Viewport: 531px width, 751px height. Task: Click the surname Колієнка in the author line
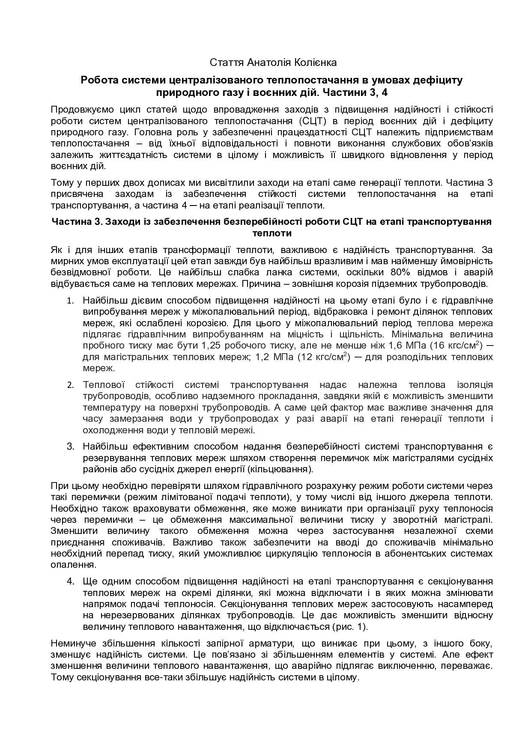coord(316,63)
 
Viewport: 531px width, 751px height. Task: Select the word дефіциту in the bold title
coord(444,80)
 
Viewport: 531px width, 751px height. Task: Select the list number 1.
coord(70,301)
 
